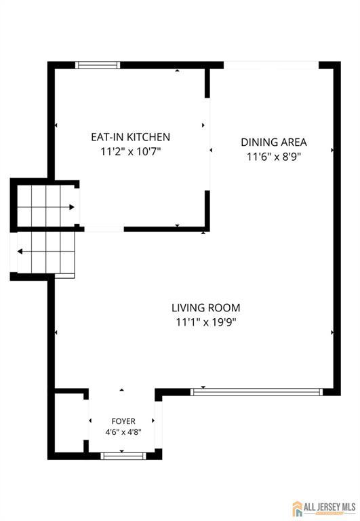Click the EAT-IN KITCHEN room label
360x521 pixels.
pos(131,137)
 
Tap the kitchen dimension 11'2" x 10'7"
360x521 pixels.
pos(131,151)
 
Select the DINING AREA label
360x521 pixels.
pos(274,142)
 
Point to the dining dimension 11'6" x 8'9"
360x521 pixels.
pos(274,157)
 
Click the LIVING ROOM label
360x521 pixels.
pos(206,308)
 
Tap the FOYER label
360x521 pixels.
pos(123,421)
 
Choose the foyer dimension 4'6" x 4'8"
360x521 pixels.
pos(123,432)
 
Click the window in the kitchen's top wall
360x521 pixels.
pos(98,65)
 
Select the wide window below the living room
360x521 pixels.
pos(256,391)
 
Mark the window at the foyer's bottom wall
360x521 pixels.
pos(123,456)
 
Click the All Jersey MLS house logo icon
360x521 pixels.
pos(297,508)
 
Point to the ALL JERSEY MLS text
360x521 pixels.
pos(329,507)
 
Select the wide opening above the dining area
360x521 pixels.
pos(271,65)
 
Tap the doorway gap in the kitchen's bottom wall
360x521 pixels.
pos(104,229)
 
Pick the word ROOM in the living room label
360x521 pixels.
pos(224,308)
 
